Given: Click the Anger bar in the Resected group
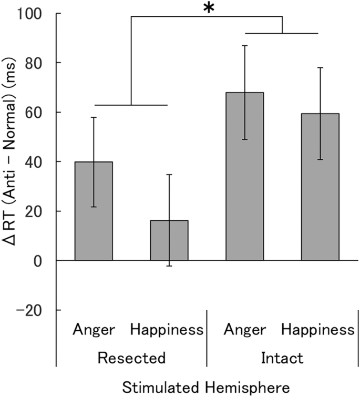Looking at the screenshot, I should click(x=94, y=211).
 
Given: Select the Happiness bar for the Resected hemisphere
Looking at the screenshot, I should click(x=169, y=240).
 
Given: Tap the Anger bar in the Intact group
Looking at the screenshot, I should click(x=244, y=176).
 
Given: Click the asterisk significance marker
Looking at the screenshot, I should click(x=209, y=9).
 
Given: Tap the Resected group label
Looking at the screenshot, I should click(x=131, y=358).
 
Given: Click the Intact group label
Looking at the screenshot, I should click(x=282, y=358).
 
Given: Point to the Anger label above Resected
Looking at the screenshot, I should click(x=94, y=330).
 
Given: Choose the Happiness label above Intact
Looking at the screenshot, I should click(x=318, y=330).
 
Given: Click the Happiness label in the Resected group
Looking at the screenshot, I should click(x=167, y=330).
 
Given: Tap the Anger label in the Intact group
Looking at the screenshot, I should click(x=245, y=330).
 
